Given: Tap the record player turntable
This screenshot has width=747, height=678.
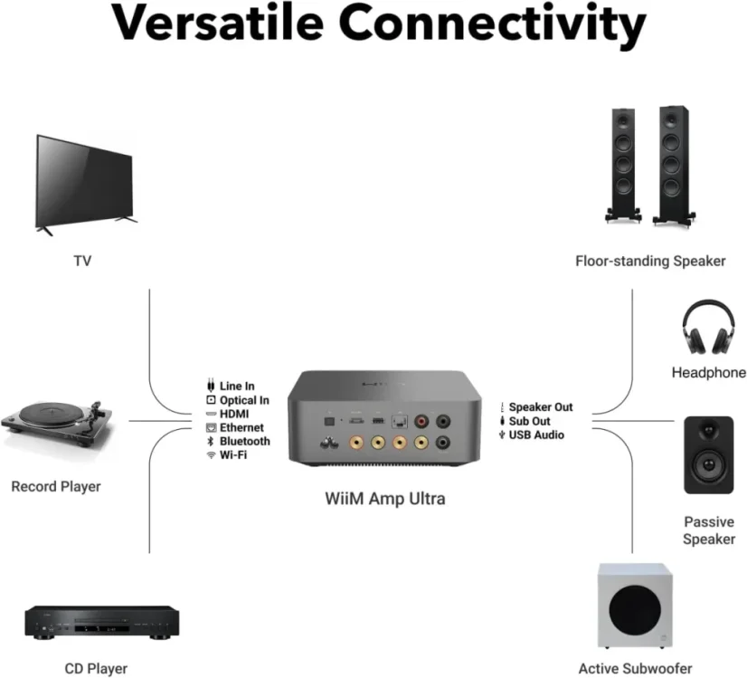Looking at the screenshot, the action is pyautogui.click(x=58, y=424).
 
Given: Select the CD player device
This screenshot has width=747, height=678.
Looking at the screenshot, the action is pyautogui.click(x=102, y=623).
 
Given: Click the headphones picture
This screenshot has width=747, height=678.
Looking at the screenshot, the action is pyautogui.click(x=708, y=327).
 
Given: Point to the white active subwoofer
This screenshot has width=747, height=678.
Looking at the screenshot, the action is pyautogui.click(x=635, y=606).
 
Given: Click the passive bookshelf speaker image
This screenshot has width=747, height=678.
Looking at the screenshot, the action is pyautogui.click(x=708, y=454).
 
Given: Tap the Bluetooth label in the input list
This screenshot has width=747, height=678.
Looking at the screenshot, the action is pyautogui.click(x=244, y=441).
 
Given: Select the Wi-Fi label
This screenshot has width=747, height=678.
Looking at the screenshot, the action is pyautogui.click(x=233, y=454).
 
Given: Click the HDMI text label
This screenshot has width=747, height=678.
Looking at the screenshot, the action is pyautogui.click(x=234, y=414).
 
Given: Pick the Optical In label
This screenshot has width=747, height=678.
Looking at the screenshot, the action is pyautogui.click(x=244, y=400).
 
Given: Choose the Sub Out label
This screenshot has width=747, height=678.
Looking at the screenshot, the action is pyautogui.click(x=529, y=421).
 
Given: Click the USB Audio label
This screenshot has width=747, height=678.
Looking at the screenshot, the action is pyautogui.click(x=536, y=434).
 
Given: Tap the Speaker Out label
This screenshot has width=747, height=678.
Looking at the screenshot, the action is pyautogui.click(x=541, y=407).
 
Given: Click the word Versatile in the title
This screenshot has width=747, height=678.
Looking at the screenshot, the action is pyautogui.click(x=218, y=23).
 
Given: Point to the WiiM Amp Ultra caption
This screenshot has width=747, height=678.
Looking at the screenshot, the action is pyautogui.click(x=385, y=499).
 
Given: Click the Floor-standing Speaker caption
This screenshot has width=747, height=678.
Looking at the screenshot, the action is pyautogui.click(x=650, y=262).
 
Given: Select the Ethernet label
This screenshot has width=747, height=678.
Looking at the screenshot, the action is pyautogui.click(x=241, y=427).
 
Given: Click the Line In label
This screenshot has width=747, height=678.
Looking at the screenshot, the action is pyautogui.click(x=237, y=386).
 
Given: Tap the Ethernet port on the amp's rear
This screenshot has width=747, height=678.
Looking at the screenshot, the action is pyautogui.click(x=399, y=422).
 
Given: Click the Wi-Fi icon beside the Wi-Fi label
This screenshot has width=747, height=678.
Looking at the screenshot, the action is pyautogui.click(x=211, y=454).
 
